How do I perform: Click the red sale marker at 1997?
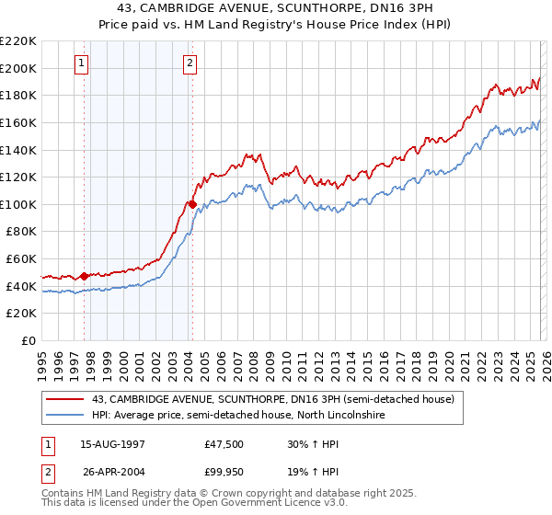coord(84,275)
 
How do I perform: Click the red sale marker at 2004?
coord(192,204)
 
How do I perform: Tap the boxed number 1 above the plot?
coord(82,63)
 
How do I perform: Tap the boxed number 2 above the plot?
coord(190,63)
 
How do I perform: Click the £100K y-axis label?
coord(19,204)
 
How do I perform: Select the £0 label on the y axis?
coord(29,340)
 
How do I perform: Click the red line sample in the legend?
coord(67,400)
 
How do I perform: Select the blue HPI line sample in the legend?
coord(67,416)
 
